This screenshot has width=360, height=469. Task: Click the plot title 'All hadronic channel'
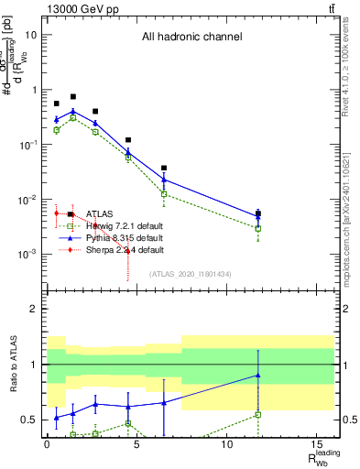coord(191,38)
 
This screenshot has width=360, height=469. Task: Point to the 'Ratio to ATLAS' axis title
coord(14,364)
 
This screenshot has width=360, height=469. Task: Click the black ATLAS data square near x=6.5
coord(164,169)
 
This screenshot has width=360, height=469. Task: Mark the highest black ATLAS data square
coord(73,96)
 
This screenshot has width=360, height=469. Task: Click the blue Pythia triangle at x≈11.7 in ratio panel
coord(258,375)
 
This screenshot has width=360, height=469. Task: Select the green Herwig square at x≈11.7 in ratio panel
coord(258,414)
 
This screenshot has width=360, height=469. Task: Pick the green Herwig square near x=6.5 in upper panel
coord(164,194)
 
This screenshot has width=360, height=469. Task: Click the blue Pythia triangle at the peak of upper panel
coord(73,111)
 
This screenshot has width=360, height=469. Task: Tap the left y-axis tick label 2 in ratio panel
coord(33,309)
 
